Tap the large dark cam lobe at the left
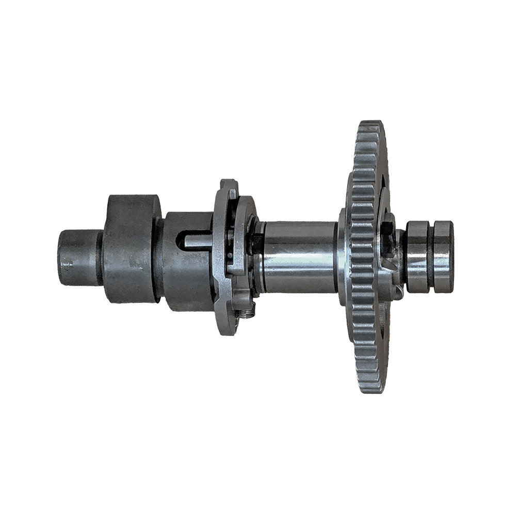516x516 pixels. coord(131,249)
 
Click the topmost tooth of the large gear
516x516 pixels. coord(372,125)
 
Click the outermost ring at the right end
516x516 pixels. coord(443,256)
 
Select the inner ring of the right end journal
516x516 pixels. coord(417,256)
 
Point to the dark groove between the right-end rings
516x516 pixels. coord(430,256)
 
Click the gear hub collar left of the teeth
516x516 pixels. coord(342,256)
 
